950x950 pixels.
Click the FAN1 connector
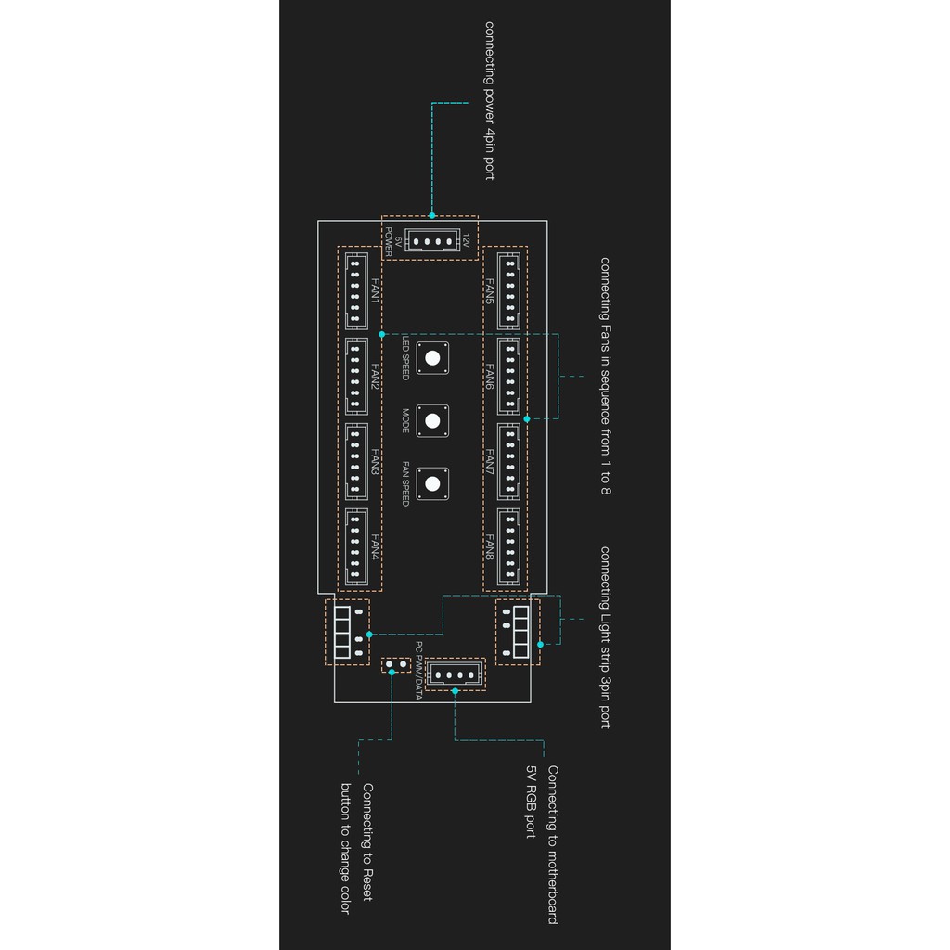pos(355,290)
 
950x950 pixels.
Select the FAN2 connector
pos(355,376)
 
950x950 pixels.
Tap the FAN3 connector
pos(355,461)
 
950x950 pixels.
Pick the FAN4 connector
pos(355,546)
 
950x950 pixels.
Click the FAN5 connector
pos(508,290)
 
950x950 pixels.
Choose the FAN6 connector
pos(508,376)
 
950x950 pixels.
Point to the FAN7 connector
pos(508,461)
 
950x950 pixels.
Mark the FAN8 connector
pos(508,546)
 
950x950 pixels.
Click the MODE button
pos(432,419)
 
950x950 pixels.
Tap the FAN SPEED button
pos(432,482)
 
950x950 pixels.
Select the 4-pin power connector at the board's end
pos(430,241)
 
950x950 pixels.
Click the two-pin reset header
pos(396,665)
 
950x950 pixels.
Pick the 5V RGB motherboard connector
pos(455,674)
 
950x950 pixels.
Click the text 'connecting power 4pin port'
pos(489,101)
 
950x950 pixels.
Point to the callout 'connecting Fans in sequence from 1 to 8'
pos(605,375)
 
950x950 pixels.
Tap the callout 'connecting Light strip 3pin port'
pos(605,637)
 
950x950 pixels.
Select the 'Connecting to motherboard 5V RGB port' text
pos(542,844)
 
